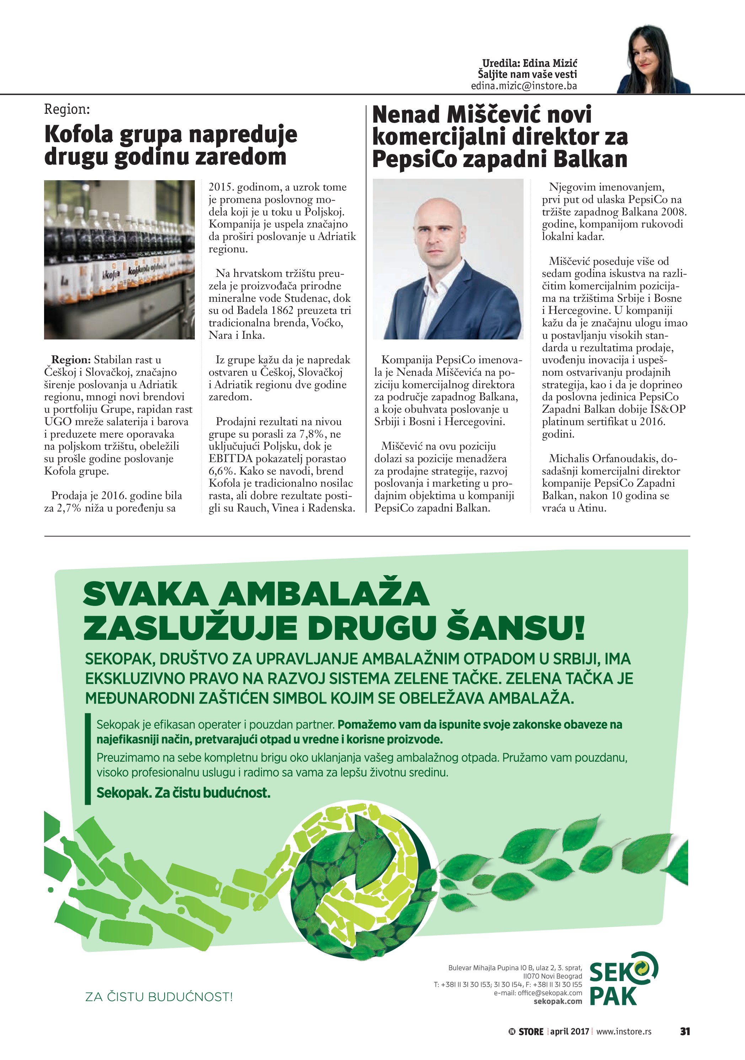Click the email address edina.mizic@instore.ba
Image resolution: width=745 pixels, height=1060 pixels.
(524, 86)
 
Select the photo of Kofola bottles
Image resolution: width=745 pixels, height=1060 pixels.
(119, 259)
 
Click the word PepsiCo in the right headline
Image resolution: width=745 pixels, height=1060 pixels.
(414, 159)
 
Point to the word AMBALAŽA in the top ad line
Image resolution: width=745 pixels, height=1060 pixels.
(323, 594)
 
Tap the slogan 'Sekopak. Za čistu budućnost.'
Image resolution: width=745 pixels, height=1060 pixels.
(183, 793)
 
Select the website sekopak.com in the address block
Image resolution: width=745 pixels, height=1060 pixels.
(558, 1001)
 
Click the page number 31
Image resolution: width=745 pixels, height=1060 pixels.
(685, 1031)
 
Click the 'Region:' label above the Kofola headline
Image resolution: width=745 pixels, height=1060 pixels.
(67, 109)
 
